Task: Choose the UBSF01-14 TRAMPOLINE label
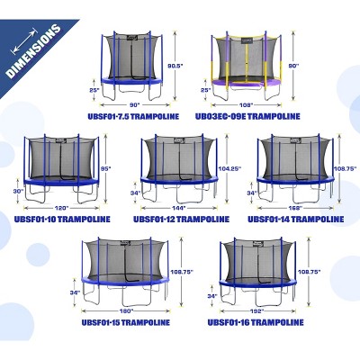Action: pyautogui.click(x=293, y=218)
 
